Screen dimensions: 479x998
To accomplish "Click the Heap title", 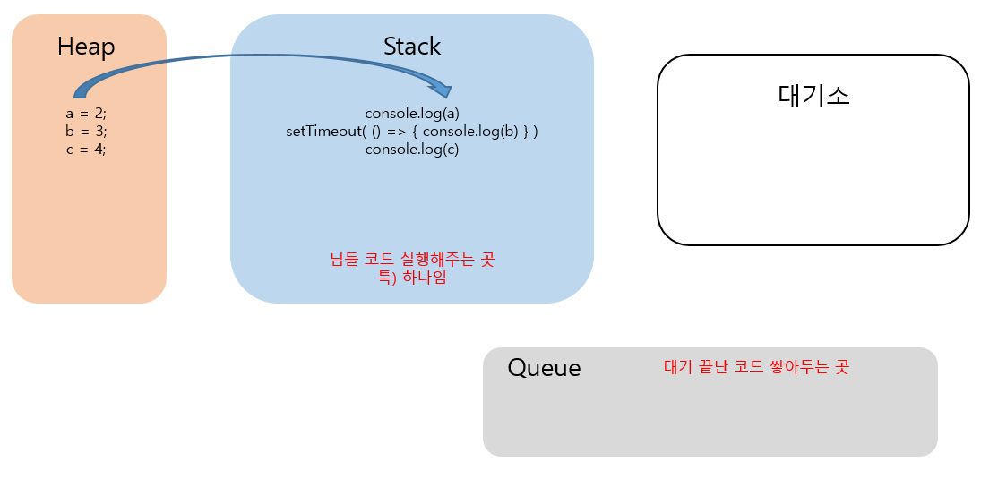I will [x=86, y=47].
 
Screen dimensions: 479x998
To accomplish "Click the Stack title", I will [x=412, y=47].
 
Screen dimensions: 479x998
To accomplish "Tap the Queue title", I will [x=544, y=368].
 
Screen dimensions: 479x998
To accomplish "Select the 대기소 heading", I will [x=813, y=95].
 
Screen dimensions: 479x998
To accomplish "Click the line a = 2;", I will [x=86, y=114].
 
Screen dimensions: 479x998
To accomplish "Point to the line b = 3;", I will [x=86, y=132].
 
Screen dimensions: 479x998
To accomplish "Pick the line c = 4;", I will [x=86, y=150].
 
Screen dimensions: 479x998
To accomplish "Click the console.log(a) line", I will [x=412, y=114].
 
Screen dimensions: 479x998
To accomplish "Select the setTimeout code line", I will [x=412, y=132].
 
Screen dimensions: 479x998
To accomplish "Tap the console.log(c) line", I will [x=412, y=150].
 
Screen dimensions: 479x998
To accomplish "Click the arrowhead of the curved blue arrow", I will [x=443, y=90].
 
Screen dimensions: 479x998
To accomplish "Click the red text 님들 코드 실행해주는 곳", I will [x=412, y=260].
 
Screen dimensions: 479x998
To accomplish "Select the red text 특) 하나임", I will [x=412, y=278].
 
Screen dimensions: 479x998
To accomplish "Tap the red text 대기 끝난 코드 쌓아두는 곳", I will [x=756, y=367].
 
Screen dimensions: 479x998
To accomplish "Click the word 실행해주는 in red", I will [x=434, y=260].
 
